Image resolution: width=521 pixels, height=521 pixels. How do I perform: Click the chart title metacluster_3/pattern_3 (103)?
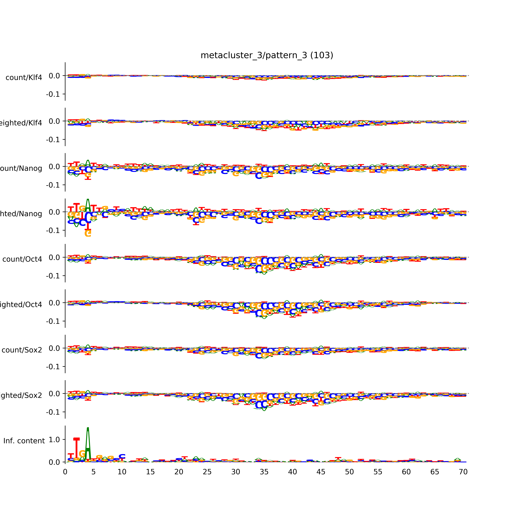[x=267, y=55]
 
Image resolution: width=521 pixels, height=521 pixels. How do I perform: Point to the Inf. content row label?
[x=24, y=441]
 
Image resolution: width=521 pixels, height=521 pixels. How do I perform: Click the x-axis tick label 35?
[x=264, y=472]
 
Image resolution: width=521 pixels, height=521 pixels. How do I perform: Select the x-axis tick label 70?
[x=463, y=472]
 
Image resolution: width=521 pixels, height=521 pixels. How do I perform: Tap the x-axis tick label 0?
[x=65, y=472]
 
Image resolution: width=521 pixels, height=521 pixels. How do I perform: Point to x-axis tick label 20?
[x=179, y=472]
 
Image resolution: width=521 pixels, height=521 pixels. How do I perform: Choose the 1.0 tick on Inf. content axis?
[x=54, y=440]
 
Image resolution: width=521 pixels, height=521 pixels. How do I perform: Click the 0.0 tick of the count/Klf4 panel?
[x=54, y=76]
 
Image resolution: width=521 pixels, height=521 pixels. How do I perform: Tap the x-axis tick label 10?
[x=122, y=472]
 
